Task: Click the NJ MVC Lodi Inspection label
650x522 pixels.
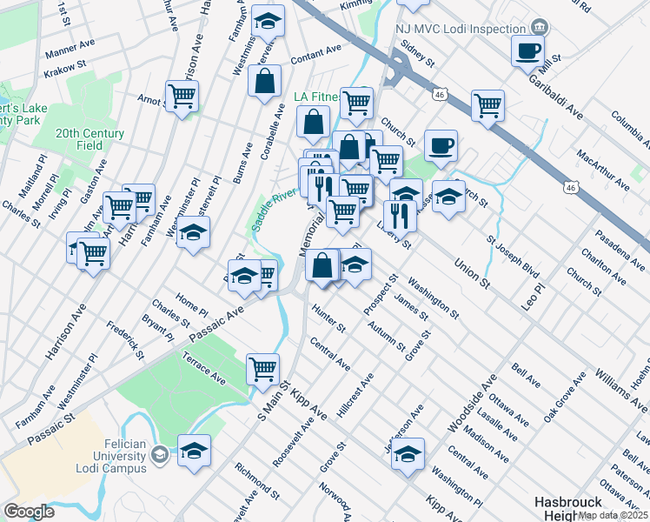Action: click(461, 28)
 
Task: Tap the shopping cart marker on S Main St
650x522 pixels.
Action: click(262, 368)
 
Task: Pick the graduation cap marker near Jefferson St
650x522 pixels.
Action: click(408, 454)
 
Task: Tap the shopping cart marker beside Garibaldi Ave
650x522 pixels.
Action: click(488, 106)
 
